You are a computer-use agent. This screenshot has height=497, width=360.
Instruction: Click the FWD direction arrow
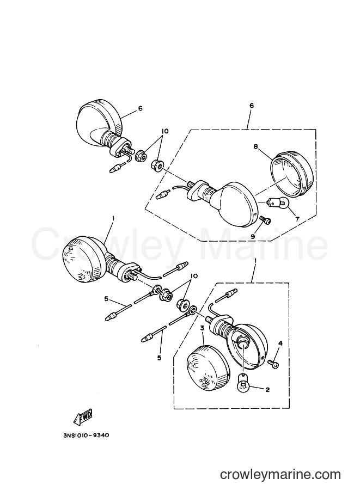click(x=83, y=417)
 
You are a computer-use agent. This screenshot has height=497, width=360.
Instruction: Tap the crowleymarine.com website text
click(x=280, y=475)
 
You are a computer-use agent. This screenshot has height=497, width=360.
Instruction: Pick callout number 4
click(x=280, y=343)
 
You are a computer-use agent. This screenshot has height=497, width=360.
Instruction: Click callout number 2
click(x=267, y=390)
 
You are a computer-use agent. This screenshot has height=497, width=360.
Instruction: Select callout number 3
click(x=202, y=328)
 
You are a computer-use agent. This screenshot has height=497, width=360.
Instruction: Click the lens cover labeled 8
click(x=291, y=174)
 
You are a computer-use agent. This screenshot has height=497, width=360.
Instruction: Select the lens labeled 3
click(x=207, y=365)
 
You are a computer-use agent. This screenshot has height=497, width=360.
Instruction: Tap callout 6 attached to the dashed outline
click(x=252, y=106)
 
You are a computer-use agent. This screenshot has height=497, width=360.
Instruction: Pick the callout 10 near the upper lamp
click(x=165, y=131)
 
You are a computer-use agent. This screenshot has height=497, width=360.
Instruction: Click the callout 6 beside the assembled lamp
click(x=140, y=108)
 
